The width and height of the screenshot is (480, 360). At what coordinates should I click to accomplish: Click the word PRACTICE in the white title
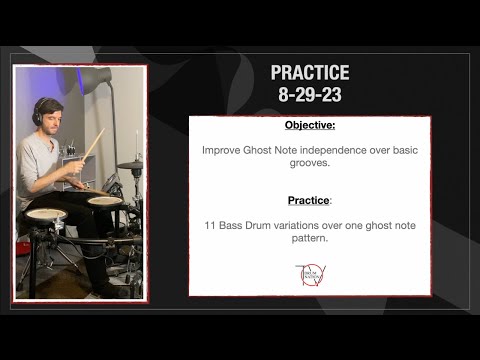(310, 73)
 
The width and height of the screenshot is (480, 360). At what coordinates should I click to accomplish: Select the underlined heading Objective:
(309, 127)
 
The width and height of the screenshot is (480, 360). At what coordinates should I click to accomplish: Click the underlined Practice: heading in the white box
(309, 200)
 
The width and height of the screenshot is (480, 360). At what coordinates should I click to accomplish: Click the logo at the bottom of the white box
(306, 277)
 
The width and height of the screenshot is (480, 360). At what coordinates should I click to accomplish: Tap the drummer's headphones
(38, 113)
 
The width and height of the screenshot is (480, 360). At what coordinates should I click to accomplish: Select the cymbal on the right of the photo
(130, 165)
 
